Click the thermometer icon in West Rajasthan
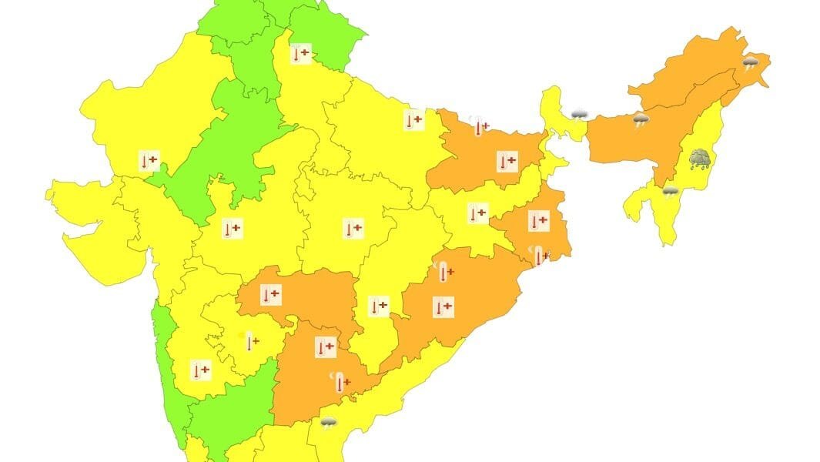(149, 162)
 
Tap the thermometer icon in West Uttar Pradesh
(301, 55)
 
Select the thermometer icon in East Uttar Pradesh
(414, 120)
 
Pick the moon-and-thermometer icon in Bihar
(480, 127)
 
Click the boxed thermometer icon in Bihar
(507, 162)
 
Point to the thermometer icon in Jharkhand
(478, 213)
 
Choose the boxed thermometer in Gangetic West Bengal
(538, 222)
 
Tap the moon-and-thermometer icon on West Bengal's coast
(541, 256)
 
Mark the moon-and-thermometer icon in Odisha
(444, 272)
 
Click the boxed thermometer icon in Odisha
(443, 307)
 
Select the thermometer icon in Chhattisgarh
(378, 306)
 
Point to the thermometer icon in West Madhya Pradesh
(232, 229)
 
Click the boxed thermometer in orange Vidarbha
(270, 295)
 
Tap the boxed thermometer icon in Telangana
(326, 347)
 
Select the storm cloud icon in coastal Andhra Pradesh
(329, 422)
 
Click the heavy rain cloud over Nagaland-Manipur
(700, 159)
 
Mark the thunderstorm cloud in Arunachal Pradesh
(751, 62)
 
